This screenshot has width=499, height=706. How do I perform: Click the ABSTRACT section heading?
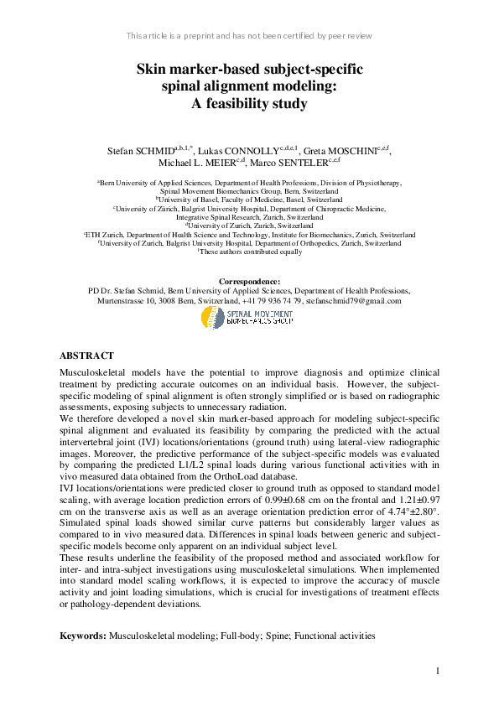(86, 356)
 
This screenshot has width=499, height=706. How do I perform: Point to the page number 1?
(438, 671)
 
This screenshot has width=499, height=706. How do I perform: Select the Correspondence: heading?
(249, 281)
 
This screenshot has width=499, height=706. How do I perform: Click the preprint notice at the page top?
(249, 36)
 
